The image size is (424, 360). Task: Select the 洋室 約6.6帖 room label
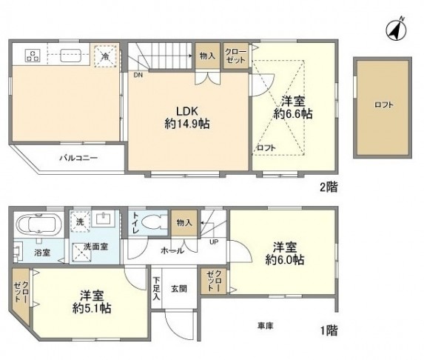[x=292, y=107]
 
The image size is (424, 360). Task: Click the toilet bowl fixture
[x=153, y=221]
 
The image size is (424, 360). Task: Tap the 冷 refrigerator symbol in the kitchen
[x=105, y=56]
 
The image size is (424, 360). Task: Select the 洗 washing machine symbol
[x=80, y=221]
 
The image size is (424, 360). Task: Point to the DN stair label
[x=138, y=75]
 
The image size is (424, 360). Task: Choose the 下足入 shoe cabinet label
[x=157, y=289]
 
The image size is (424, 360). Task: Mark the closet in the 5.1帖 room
[x=17, y=290]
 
